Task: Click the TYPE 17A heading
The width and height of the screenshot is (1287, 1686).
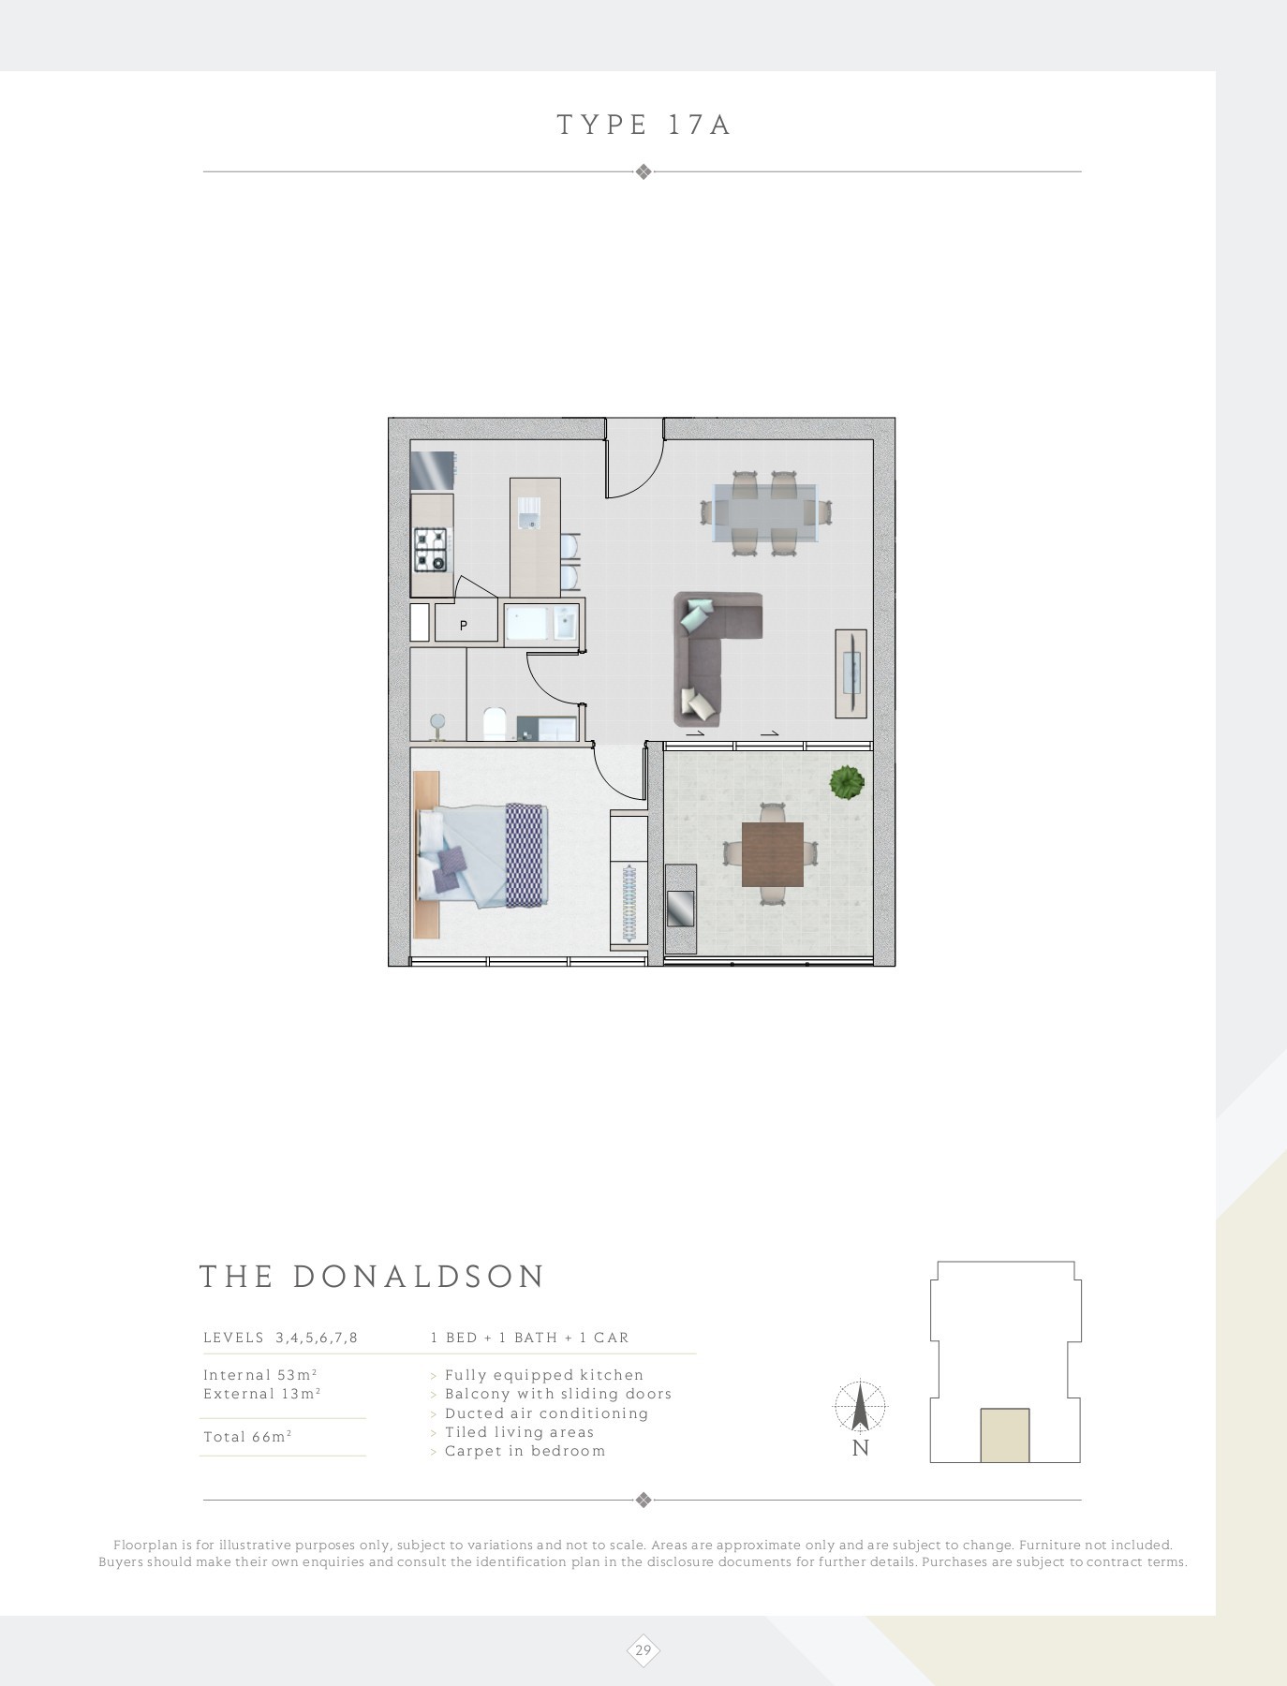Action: point(643,126)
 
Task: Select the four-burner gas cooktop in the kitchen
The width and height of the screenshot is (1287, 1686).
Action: point(434,550)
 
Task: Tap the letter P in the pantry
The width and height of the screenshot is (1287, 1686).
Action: point(464,625)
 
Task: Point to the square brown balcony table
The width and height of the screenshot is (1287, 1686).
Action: point(773,854)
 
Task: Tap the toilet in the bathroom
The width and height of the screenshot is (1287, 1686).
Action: point(494,724)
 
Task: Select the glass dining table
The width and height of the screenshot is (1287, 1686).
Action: point(765,512)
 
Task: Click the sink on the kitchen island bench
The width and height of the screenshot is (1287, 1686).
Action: point(529,512)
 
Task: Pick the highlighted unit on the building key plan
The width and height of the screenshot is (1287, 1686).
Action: point(1005,1435)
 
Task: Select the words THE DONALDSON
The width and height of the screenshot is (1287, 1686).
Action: point(372,1278)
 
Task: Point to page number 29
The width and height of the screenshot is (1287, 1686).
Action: point(643,1650)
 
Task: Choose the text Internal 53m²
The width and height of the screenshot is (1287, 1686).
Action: point(259,1375)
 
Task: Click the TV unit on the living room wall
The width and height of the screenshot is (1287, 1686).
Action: point(851,673)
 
